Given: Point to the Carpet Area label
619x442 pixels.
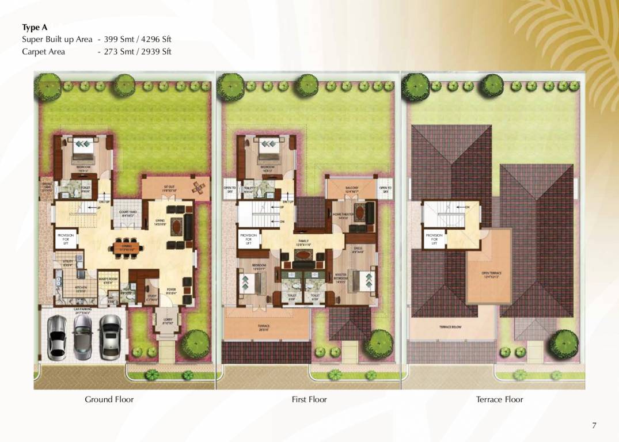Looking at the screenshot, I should [43, 51].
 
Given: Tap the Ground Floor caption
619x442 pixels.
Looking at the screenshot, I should [109, 399].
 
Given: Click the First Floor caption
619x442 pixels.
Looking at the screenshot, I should [309, 399].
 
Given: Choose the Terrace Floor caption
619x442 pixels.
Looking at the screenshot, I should [499, 399].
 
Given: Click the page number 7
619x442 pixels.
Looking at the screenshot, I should [594, 425].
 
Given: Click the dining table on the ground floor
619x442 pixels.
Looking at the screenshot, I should [128, 247].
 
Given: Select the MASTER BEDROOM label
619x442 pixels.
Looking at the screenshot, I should [341, 278].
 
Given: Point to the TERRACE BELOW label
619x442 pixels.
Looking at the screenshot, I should [450, 327].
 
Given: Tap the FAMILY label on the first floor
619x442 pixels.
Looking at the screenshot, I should [304, 242].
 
